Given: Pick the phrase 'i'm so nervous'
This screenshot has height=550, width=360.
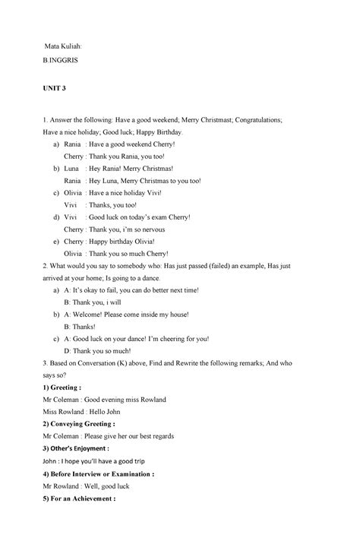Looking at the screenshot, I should [x=154, y=229].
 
